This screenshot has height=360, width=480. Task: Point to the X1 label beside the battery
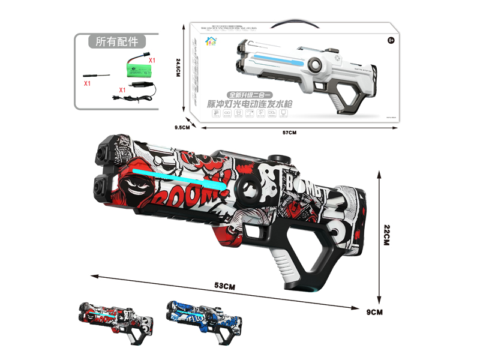152,61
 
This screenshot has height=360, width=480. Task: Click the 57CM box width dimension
289,132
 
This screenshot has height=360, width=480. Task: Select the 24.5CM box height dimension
178,71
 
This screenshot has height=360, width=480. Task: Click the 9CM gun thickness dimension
374,312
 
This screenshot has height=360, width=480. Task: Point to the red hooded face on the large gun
127,181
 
